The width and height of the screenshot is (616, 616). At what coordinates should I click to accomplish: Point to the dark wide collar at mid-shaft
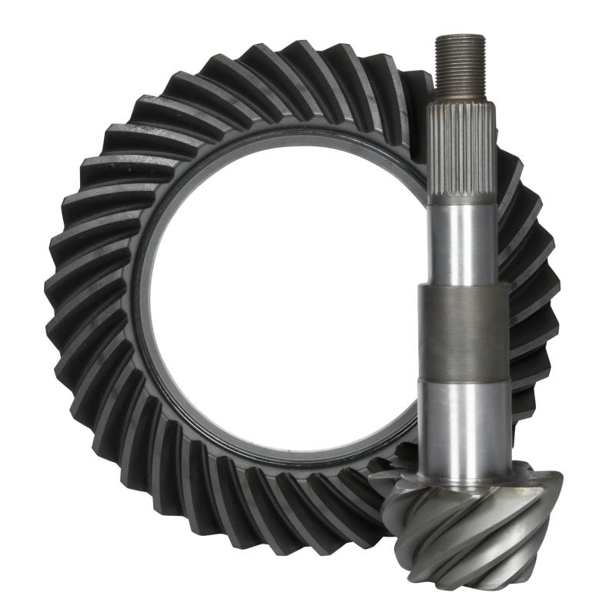pyautogui.click(x=463, y=331)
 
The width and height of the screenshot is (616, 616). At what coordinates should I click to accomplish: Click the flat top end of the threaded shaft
pyautogui.click(x=460, y=37)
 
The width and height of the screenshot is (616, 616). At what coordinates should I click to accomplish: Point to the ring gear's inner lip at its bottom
pyautogui.click(x=293, y=460)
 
